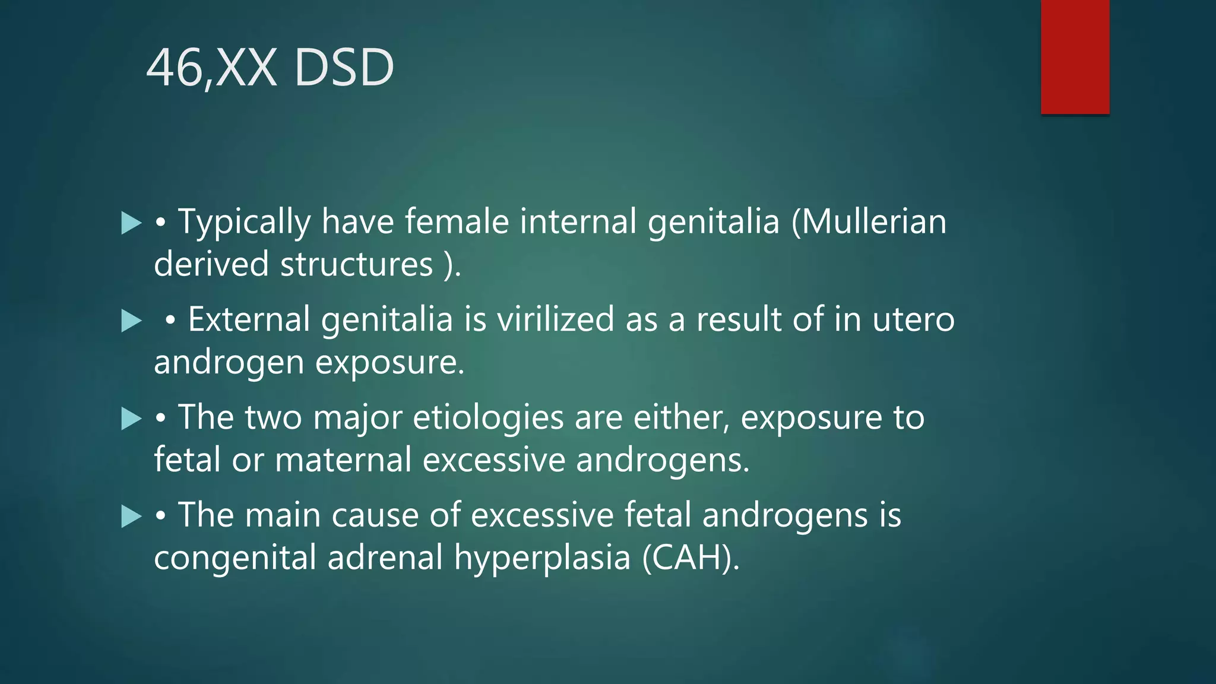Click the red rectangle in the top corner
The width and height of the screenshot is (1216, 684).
click(x=1075, y=57)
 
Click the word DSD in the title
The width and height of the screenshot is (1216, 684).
click(x=344, y=68)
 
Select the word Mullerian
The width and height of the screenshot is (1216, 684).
click(x=869, y=221)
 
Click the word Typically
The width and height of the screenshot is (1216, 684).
click(x=244, y=223)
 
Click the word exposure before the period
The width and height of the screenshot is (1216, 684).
click(x=388, y=362)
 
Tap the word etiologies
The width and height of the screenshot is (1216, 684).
click(x=488, y=417)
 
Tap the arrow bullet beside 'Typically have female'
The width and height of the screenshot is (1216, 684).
click(x=131, y=223)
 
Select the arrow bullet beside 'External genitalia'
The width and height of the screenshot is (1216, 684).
click(x=131, y=321)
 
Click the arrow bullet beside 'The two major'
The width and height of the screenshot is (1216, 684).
click(x=131, y=419)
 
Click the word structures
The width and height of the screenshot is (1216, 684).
click(x=356, y=264)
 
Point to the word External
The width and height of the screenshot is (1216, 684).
click(x=249, y=319)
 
